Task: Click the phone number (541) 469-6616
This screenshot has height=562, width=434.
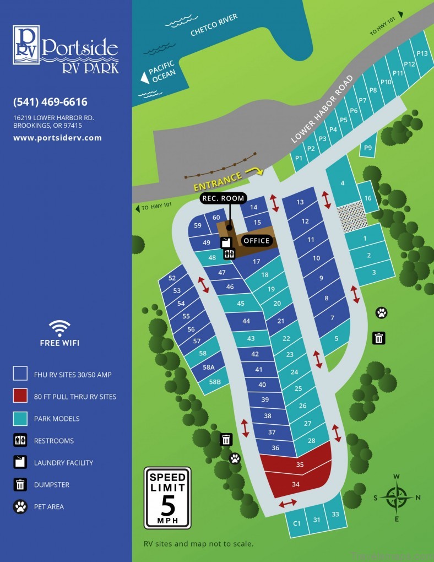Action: pyautogui.click(x=50, y=102)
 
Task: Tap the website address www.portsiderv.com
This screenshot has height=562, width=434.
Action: pyautogui.click(x=57, y=138)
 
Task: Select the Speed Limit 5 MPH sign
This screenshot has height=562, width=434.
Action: pyautogui.click(x=167, y=498)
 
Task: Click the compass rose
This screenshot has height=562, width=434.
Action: pyautogui.click(x=397, y=497)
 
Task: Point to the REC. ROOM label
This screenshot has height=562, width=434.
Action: pyautogui.click(x=223, y=198)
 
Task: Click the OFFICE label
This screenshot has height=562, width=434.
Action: pyautogui.click(x=257, y=241)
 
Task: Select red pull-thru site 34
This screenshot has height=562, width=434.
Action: pyautogui.click(x=296, y=484)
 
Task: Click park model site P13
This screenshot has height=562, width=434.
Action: pyautogui.click(x=422, y=53)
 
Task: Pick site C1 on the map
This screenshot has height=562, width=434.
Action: pyautogui.click(x=296, y=522)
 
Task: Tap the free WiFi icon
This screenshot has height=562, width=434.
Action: pyautogui.click(x=59, y=329)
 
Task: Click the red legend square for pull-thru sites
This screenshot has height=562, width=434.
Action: pyautogui.click(x=20, y=396)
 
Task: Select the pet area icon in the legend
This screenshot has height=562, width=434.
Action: pyautogui.click(x=20, y=506)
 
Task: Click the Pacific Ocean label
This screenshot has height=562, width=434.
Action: pyautogui.click(x=161, y=73)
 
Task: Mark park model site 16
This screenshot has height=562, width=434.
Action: pyautogui.click(x=368, y=198)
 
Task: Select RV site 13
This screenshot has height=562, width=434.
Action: pyautogui.click(x=300, y=202)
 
